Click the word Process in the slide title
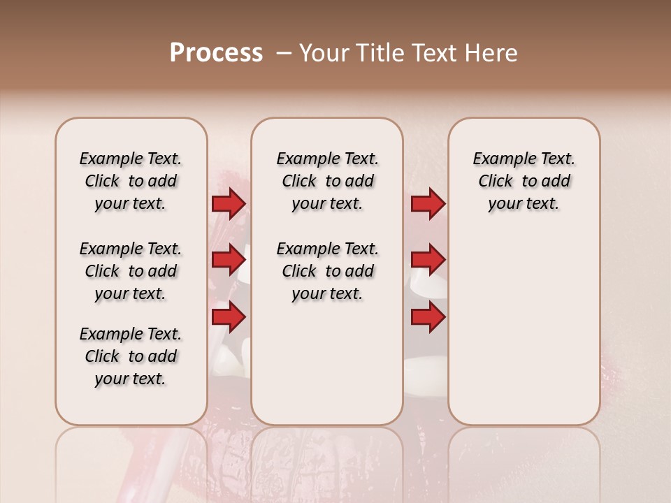[216, 53]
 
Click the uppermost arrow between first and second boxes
[229, 203]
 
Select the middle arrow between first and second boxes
[229, 260]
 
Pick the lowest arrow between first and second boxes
[229, 317]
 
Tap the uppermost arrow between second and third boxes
[427, 203]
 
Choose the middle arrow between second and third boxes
[427, 260]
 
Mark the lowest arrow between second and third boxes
[427, 317]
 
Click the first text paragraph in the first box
[131, 181]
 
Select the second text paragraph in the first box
[131, 271]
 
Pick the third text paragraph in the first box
[131, 356]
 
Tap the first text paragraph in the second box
[328, 181]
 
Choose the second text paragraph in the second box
[328, 271]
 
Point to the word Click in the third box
[496, 182]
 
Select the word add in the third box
[556, 182]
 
